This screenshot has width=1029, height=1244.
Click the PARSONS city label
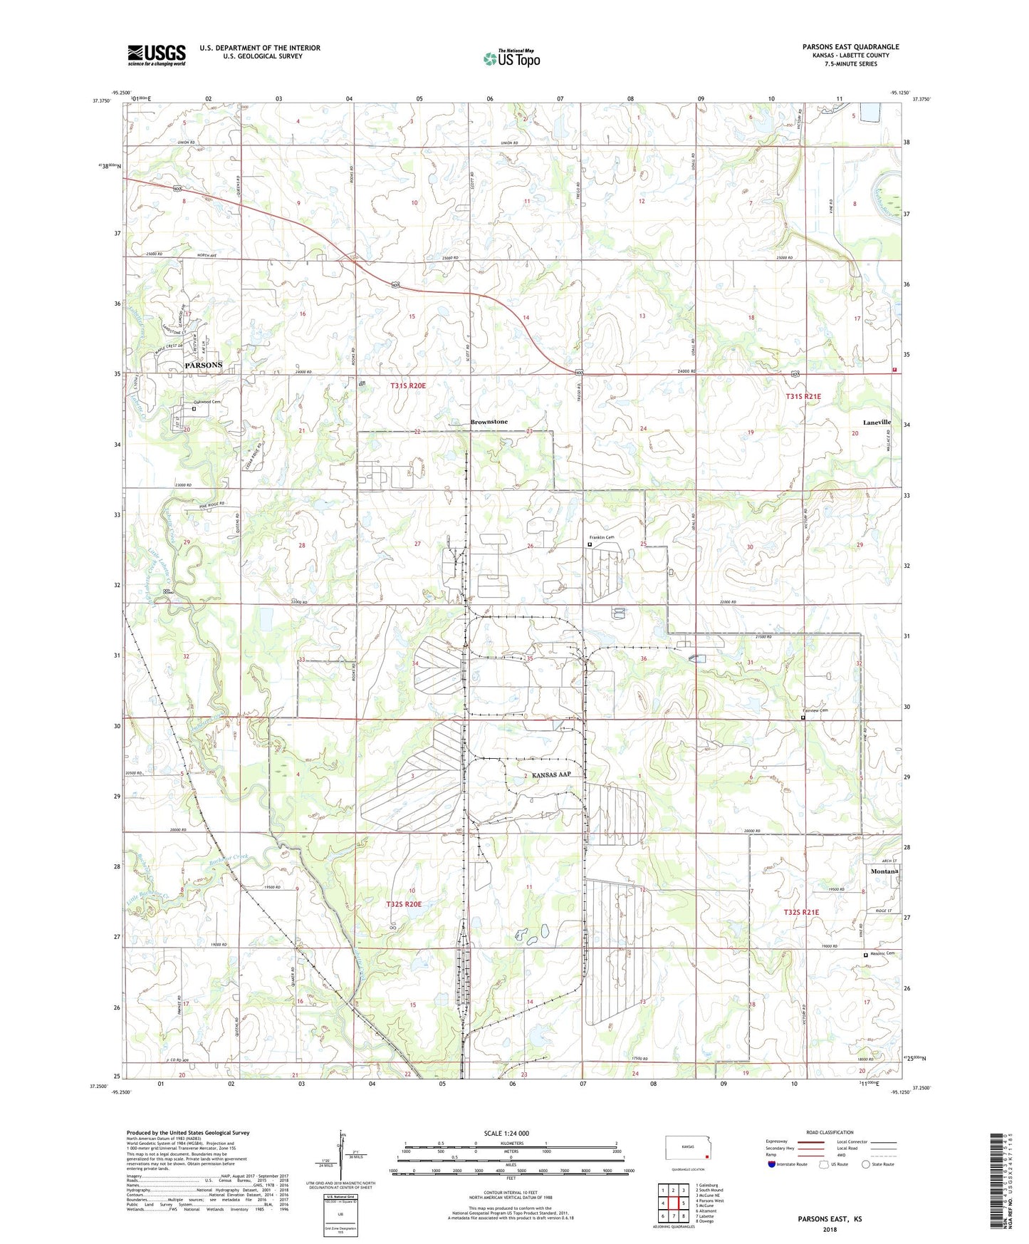(x=203, y=365)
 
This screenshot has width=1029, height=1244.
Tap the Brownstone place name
(x=489, y=422)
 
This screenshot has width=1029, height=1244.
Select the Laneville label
(x=877, y=423)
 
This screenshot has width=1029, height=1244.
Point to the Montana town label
(x=884, y=871)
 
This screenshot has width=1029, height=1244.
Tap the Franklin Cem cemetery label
(x=601, y=537)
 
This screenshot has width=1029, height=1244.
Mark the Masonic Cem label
(x=882, y=953)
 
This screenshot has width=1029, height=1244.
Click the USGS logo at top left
(x=157, y=55)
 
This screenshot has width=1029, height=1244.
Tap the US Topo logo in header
(x=511, y=58)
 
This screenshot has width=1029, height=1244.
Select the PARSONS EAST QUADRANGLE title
(x=850, y=47)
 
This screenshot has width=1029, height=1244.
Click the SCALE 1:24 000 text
(x=506, y=1133)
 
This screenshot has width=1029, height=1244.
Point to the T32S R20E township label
(x=404, y=904)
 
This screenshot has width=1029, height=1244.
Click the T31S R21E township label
(x=803, y=396)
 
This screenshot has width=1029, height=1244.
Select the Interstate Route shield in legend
(x=772, y=1163)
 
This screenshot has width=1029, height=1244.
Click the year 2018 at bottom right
(x=829, y=1228)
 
